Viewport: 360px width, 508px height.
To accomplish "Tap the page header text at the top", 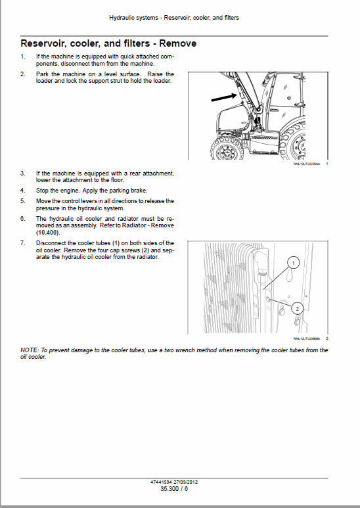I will point(174,18).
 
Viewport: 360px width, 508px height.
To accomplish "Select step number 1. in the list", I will point(23,57).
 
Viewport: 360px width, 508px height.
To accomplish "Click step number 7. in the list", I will point(23,243).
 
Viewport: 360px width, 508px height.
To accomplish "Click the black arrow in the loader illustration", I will point(223,98).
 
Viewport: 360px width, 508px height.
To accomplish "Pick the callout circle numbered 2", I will point(296,308).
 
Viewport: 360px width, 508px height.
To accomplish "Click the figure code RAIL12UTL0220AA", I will point(305,164).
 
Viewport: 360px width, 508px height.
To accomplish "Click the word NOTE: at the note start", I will point(30,350).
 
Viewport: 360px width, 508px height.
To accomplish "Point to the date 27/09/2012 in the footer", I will point(187,482).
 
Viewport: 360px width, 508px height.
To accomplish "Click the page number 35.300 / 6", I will point(174,488).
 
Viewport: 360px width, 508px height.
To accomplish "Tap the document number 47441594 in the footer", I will point(162,482).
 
